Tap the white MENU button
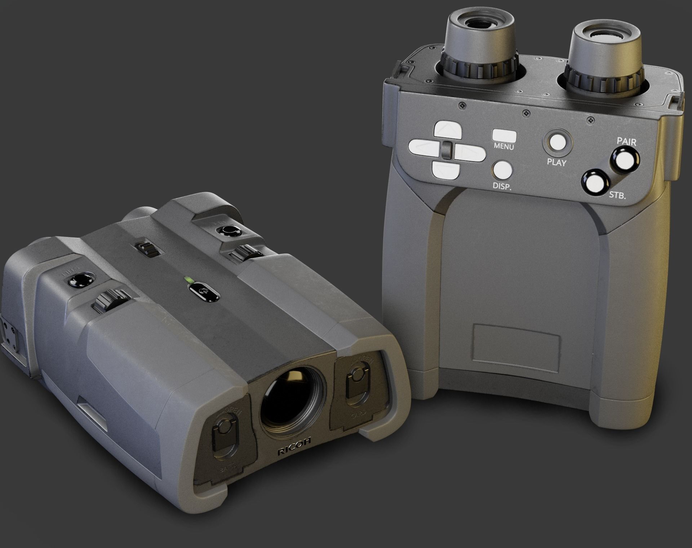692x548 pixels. click(504, 136)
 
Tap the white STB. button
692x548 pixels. click(595, 183)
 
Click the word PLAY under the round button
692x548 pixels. click(556, 162)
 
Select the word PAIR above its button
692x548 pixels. click(626, 141)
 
